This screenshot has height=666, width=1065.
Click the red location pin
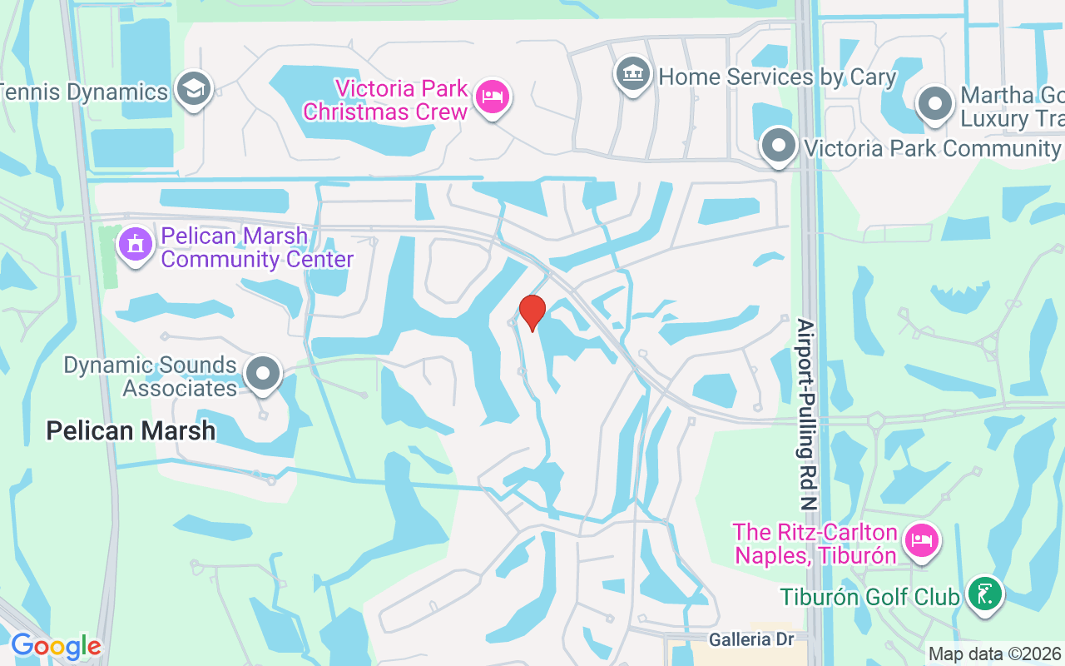pyautogui.click(x=532, y=312)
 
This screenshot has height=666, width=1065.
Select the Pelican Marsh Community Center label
pyautogui.click(x=257, y=248)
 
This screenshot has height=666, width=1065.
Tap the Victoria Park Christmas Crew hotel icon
pyautogui.click(x=493, y=97)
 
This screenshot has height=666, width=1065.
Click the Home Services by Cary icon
pyautogui.click(x=633, y=74)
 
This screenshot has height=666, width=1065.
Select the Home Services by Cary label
pyautogui.click(x=777, y=77)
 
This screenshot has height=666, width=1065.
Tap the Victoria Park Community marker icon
pyautogui.click(x=779, y=145)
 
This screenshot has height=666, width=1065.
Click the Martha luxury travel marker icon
pyautogui.click(x=934, y=104)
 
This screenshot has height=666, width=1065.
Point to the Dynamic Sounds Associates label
pyautogui.click(x=151, y=376)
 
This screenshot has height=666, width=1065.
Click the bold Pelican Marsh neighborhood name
pyautogui.click(x=131, y=430)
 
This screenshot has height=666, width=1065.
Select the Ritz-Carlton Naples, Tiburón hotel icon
pyautogui.click(x=921, y=539)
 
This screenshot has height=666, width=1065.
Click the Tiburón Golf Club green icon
pyautogui.click(x=985, y=594)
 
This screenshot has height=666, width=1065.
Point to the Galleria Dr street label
pyautogui.click(x=751, y=639)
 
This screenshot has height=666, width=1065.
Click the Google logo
pyautogui.click(x=56, y=646)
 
